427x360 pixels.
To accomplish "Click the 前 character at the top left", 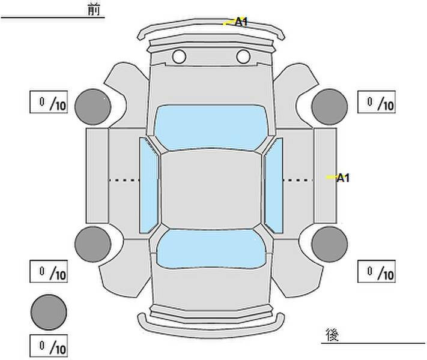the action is [94, 10].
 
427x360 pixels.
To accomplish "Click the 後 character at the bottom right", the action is [332, 334].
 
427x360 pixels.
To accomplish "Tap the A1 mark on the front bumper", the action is [241, 22].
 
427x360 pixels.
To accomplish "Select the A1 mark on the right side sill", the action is [343, 178].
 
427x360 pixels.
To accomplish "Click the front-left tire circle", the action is [93, 107].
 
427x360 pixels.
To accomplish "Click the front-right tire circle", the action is [330, 107].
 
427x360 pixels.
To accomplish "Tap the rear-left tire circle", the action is [93, 244].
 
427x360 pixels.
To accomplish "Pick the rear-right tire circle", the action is [330, 244].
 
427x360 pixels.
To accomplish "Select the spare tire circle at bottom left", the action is [49, 312].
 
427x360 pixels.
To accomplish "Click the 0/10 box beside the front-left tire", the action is [49, 102].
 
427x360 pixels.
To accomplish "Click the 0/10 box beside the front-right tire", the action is [377, 102].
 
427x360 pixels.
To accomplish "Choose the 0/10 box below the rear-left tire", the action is [49, 271].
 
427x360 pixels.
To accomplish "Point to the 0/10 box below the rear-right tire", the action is [377, 271].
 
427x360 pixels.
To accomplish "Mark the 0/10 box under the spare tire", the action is [49, 346].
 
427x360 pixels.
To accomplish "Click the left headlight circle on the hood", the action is [179, 56].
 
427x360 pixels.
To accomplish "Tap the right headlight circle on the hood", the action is [243, 56].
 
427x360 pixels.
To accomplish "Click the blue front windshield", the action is [211, 127].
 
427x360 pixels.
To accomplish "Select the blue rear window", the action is [211, 248].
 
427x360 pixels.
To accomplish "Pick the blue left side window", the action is [149, 185].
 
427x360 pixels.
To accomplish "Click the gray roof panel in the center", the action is [211, 190].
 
